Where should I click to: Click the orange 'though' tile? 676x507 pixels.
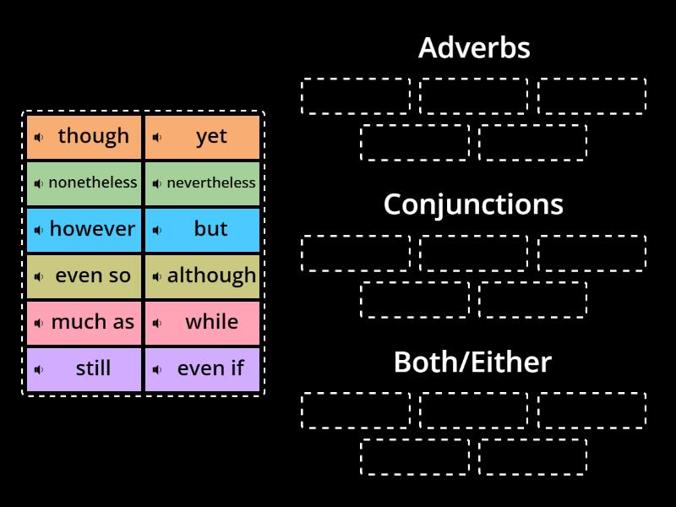click(84, 137)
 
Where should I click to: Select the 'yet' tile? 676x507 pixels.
click(203, 137)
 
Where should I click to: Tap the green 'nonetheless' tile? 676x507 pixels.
click(84, 183)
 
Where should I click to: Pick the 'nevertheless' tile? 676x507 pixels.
click(203, 183)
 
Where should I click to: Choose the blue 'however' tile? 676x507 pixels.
click(84, 230)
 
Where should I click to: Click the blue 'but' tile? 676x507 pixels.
click(203, 230)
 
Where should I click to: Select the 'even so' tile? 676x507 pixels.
click(84, 276)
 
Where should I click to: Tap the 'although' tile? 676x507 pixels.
click(203, 276)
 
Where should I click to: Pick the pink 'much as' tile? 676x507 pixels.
click(84, 323)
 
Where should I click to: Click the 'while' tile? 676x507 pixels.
click(203, 323)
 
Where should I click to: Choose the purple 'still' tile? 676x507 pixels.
click(84, 369)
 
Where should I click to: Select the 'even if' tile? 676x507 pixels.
click(203, 369)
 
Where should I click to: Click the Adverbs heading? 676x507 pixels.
click(473, 48)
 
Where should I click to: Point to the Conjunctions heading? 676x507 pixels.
click(473, 204)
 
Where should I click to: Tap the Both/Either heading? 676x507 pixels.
click(473, 362)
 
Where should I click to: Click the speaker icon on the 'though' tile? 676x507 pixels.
click(39, 137)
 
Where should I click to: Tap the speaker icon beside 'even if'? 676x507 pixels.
click(157, 369)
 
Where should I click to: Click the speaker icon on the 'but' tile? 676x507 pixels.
click(157, 230)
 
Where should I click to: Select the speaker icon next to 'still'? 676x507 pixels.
click(39, 369)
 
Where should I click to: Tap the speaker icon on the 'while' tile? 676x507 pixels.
click(157, 323)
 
